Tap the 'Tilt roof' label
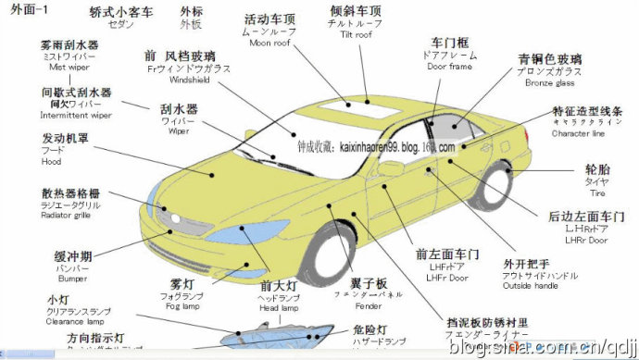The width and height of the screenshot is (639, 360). [351, 34]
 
